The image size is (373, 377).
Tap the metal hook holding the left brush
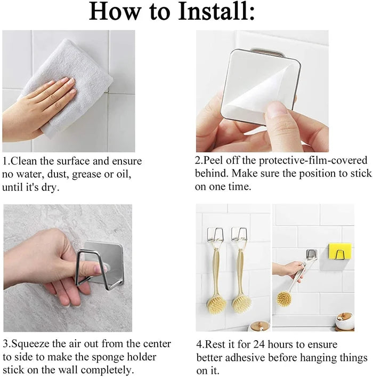[x=214, y=235]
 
